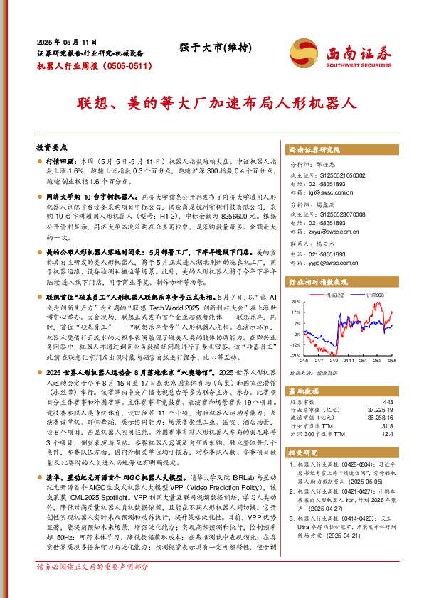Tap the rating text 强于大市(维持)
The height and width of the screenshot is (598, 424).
coord(206,48)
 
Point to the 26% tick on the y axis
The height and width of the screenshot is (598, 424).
coord(295,301)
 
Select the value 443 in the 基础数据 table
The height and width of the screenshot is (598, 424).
coord(388,402)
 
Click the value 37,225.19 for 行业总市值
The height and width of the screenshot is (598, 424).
coord(379,410)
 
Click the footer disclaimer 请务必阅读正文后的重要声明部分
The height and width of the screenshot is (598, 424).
coord(92,588)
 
